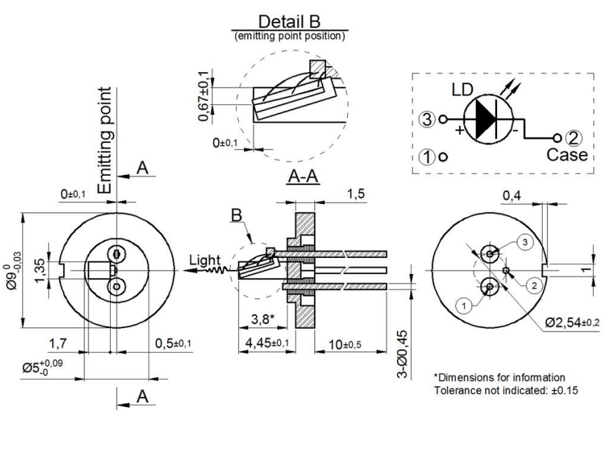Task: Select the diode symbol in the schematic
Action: (x=489, y=120)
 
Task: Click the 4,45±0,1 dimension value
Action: (x=267, y=343)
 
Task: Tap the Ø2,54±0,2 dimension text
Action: (x=572, y=323)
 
